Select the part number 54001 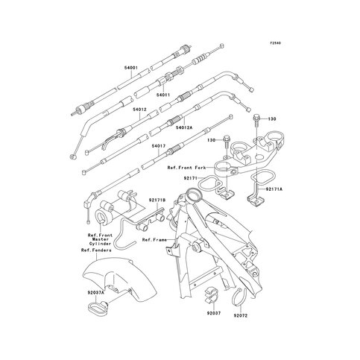[131, 68]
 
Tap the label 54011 [164, 95]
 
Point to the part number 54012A [184, 128]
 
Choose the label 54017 [159, 146]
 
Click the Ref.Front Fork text [186, 169]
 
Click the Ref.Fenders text [96, 250]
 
